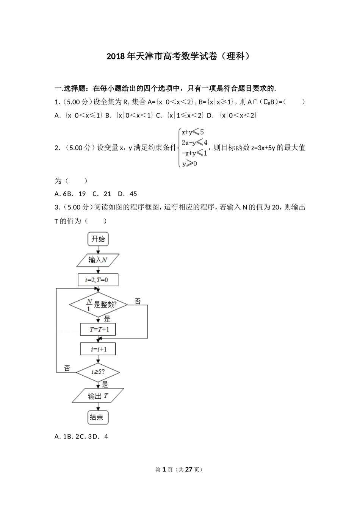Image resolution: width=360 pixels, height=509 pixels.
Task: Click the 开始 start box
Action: click(x=98, y=239)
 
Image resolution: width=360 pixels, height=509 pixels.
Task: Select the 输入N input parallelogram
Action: click(x=98, y=260)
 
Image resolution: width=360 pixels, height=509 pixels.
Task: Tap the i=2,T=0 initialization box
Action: click(x=98, y=280)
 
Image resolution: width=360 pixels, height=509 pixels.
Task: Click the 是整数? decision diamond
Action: click(x=98, y=304)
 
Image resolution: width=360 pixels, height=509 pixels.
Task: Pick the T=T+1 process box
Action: click(x=98, y=329)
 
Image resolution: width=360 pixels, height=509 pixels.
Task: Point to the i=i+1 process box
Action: click(x=98, y=349)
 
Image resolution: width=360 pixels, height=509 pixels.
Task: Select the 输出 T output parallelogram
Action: click(x=98, y=396)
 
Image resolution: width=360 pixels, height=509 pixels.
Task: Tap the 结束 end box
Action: click(x=98, y=417)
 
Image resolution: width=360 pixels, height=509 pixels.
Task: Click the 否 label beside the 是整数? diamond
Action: click(x=138, y=301)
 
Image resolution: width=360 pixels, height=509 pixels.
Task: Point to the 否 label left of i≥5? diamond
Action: click(x=67, y=368)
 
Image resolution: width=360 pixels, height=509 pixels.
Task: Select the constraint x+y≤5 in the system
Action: click(x=193, y=132)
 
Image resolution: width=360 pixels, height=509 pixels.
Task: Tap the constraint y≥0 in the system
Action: click(x=189, y=164)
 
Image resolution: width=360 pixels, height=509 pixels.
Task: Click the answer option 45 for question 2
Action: click(x=133, y=194)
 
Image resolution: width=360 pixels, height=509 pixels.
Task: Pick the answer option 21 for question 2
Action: click(x=107, y=194)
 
